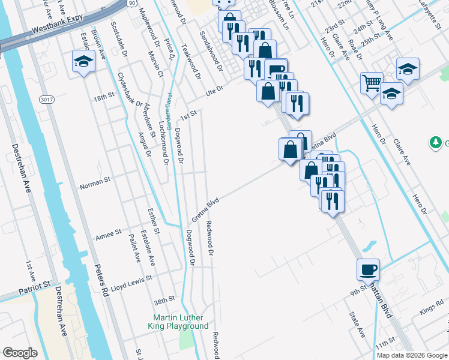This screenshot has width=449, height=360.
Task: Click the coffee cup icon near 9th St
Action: (x=368, y=269)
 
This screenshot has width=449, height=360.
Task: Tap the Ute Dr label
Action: (x=214, y=89)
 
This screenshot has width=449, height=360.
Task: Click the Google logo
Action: (x=20, y=352)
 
